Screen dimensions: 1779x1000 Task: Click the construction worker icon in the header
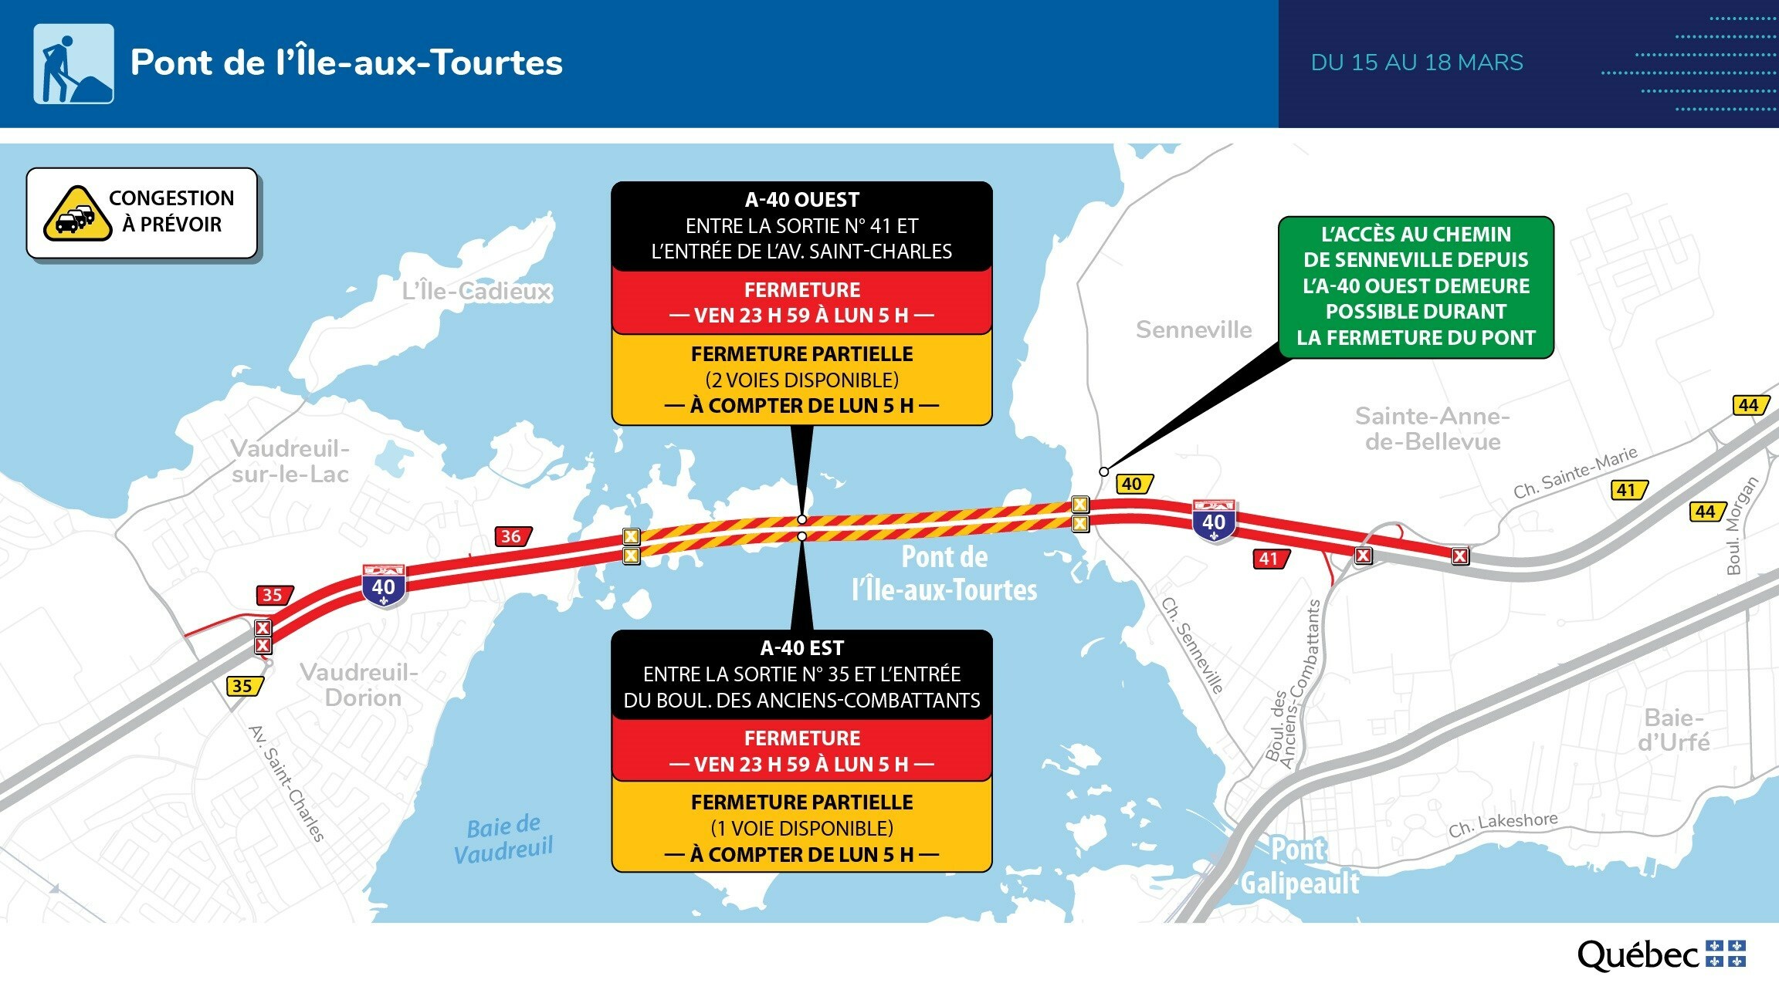pyautogui.click(x=73, y=63)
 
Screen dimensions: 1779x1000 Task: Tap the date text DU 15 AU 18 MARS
pyautogui.click(x=1417, y=62)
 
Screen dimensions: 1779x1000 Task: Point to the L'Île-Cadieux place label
pyautogui.click(x=477, y=291)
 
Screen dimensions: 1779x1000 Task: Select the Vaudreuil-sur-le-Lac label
pyautogui.click(x=290, y=461)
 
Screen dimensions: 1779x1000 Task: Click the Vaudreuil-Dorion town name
pyautogui.click(x=360, y=684)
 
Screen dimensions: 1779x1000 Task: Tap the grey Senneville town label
pyautogui.click(x=1194, y=329)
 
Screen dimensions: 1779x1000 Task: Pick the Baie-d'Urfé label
pyautogui.click(x=1674, y=730)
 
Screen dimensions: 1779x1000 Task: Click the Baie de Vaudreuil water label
pyautogui.click(x=503, y=840)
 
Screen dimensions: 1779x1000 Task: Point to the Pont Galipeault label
pyautogui.click(x=1300, y=866)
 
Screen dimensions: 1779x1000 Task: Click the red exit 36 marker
pyautogui.click(x=513, y=536)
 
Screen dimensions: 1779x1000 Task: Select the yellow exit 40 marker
pyautogui.click(x=1134, y=484)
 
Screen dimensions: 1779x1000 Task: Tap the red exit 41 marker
pyautogui.click(x=1271, y=559)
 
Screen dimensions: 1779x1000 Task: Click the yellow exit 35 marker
pyautogui.click(x=245, y=686)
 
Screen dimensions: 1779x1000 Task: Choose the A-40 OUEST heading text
pyautogui.click(x=801, y=200)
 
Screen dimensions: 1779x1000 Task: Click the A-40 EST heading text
pyautogui.click(x=801, y=648)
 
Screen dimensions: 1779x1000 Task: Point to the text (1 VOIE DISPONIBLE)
pyautogui.click(x=801, y=828)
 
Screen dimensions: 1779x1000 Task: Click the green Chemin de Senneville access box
pyautogui.click(x=1416, y=287)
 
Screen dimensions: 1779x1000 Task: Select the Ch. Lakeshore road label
pyautogui.click(x=1503, y=824)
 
